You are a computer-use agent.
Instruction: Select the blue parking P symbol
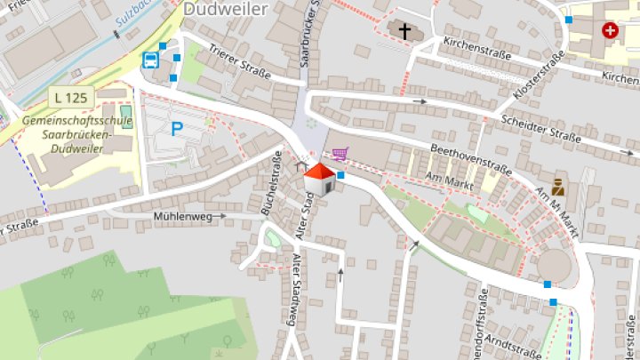177,129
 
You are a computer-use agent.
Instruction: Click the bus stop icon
151,60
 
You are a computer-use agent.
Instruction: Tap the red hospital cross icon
610,30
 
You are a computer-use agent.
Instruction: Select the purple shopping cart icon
338,154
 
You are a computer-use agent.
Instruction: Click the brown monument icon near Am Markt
559,186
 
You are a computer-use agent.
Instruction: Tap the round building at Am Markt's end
556,265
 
